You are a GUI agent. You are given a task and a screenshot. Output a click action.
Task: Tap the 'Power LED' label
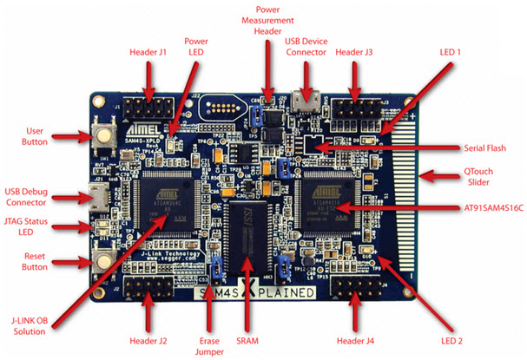coord(194,48)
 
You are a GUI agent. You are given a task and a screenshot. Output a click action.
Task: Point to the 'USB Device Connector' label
coord(306,47)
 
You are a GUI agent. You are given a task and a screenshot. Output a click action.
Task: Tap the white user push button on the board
coord(104,137)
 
